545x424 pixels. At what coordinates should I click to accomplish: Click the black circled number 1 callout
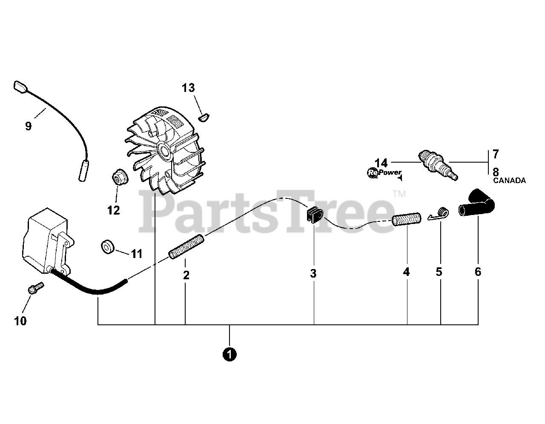tap(229, 354)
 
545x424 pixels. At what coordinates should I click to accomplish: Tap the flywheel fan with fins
tap(164, 149)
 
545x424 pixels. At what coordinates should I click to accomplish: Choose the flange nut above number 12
tap(117, 177)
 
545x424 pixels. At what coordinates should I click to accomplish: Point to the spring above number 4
tap(406, 220)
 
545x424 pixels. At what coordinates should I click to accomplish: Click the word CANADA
tap(509, 180)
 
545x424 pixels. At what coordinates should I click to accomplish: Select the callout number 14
tap(381, 163)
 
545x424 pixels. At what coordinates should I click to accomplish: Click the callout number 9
tap(28, 126)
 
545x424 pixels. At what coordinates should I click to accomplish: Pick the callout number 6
tap(478, 272)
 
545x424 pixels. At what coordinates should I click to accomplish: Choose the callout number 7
tap(495, 154)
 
